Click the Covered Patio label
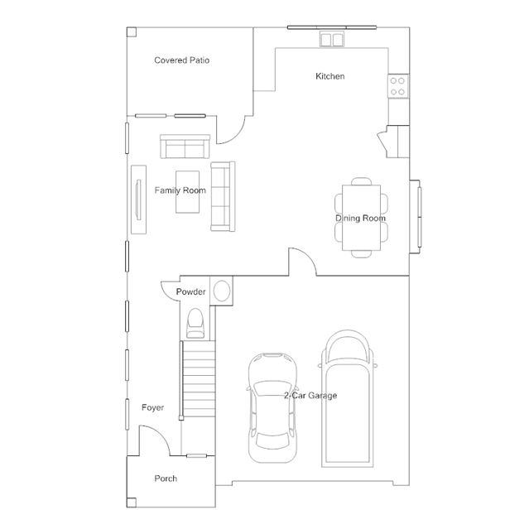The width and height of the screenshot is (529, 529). click(x=182, y=60)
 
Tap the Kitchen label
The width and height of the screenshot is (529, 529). click(x=330, y=76)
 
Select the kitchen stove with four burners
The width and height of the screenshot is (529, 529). click(x=397, y=86)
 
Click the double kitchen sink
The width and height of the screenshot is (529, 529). click(x=332, y=40)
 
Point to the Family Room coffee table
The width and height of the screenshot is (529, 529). click(x=187, y=192)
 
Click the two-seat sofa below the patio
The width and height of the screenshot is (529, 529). click(x=185, y=147)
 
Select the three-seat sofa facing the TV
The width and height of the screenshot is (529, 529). click(x=223, y=196)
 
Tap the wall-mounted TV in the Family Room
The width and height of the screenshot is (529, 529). click(x=138, y=200)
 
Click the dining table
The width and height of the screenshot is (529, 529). click(x=361, y=218)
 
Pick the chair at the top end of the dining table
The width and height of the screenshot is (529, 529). click(x=361, y=181)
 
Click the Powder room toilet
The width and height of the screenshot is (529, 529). click(x=195, y=323)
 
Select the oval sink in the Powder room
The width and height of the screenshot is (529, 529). click(x=222, y=291)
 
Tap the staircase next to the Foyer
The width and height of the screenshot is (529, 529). click(x=199, y=378)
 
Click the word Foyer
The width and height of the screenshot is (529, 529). click(x=153, y=407)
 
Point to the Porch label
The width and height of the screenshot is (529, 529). click(x=166, y=479)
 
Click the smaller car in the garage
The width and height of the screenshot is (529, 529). click(x=273, y=408)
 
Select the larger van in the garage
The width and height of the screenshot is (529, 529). click(x=348, y=398)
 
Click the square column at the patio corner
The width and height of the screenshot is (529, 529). click(x=132, y=32)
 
